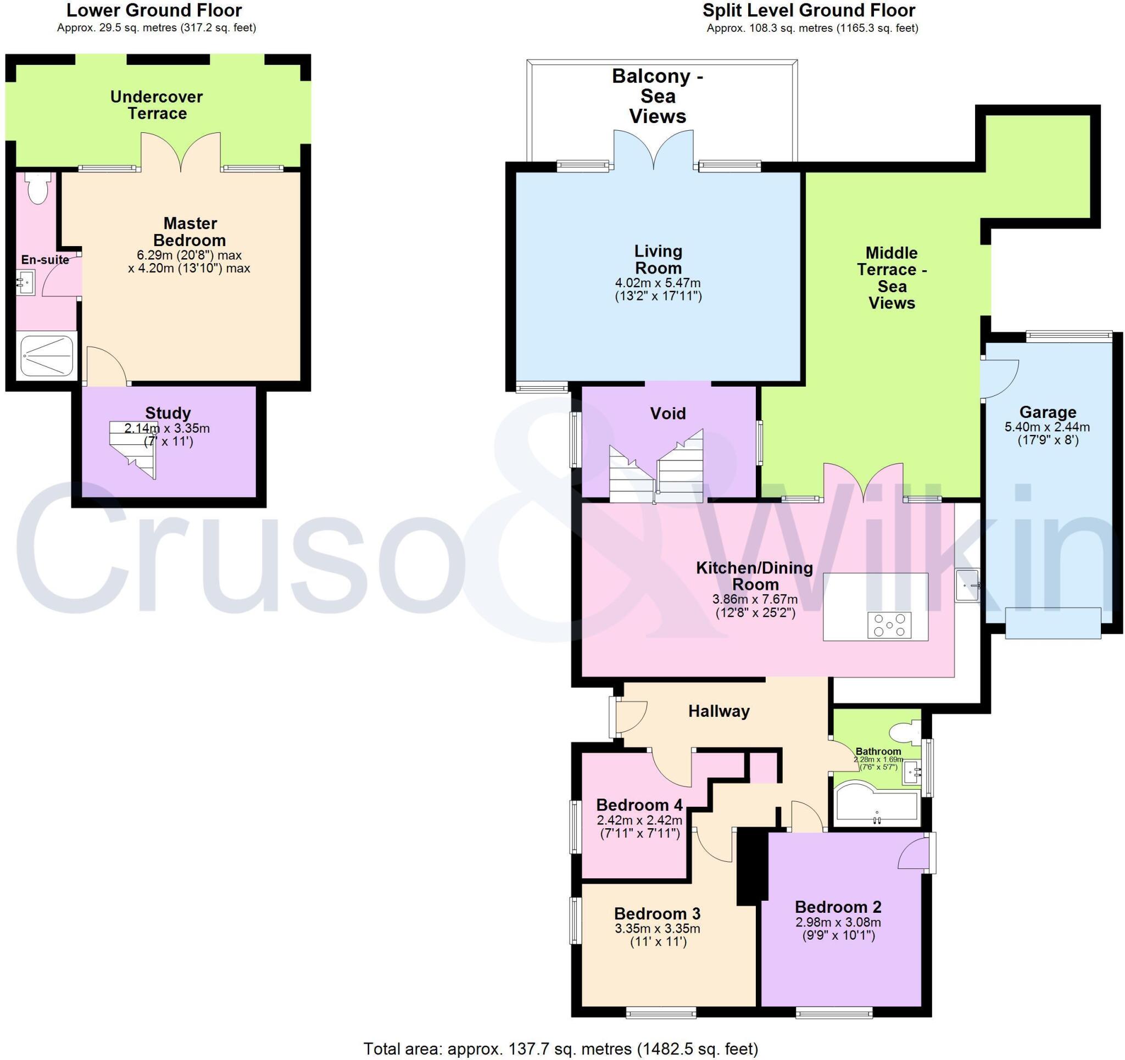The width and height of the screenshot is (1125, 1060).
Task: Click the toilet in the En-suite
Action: point(39,188)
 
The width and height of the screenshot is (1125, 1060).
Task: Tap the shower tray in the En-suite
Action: point(48,356)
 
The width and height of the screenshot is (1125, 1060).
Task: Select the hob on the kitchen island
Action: point(889,625)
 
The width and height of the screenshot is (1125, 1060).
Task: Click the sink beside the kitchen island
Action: point(968,585)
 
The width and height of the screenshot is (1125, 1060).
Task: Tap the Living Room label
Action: point(658,259)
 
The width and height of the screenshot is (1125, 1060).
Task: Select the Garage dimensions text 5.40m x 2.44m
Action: point(1048,427)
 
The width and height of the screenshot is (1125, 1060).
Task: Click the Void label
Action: point(668,413)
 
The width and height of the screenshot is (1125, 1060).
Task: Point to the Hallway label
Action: point(719,711)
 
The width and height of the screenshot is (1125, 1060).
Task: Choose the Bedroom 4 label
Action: point(639,805)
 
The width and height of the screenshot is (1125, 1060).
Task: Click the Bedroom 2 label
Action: point(838,907)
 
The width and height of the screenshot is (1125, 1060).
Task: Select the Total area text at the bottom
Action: point(560,1048)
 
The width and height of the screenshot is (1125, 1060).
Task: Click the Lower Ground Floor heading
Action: point(154,10)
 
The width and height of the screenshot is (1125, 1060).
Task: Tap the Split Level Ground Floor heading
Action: point(809,10)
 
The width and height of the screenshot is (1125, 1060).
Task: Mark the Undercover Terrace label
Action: point(156,105)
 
